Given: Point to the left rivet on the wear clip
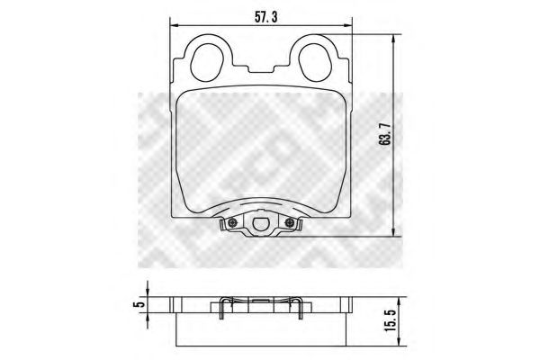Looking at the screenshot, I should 232,224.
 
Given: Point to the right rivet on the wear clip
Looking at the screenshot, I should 289,224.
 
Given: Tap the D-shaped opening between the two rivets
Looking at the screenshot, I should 261,226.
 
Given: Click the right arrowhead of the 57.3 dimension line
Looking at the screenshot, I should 350,26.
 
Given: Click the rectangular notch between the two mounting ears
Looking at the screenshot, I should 262,70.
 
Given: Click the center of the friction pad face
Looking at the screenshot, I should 261,148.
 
